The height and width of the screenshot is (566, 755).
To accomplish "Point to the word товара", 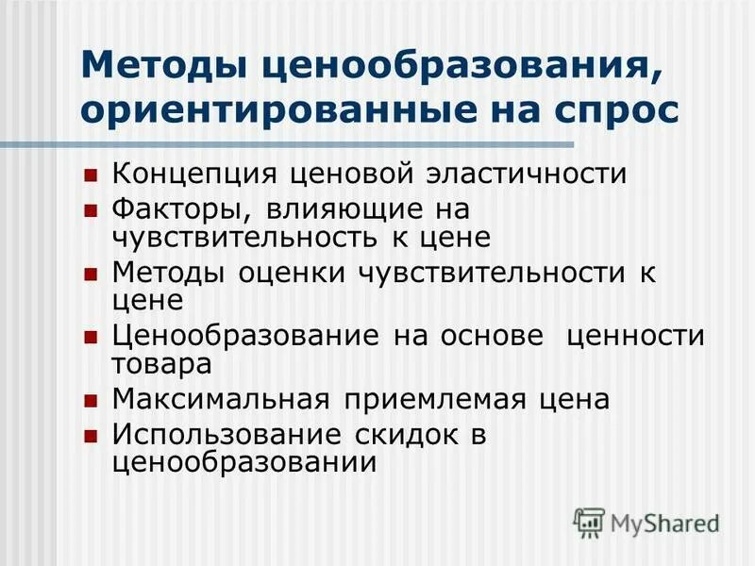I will (x=161, y=363).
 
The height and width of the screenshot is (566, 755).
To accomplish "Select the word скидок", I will (x=416, y=435).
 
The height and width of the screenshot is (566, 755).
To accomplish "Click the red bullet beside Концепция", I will (x=91, y=175).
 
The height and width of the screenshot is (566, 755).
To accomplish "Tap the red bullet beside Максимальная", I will (x=91, y=401).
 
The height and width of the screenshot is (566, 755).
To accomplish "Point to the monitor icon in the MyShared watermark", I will (x=590, y=522).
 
